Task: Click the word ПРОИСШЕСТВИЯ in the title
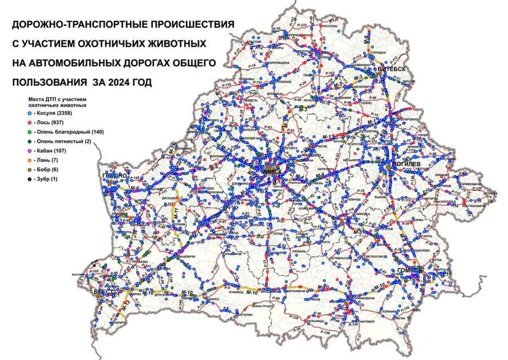tap(184, 24)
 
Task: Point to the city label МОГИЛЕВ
tap(406, 163)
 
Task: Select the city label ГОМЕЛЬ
tap(410, 269)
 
